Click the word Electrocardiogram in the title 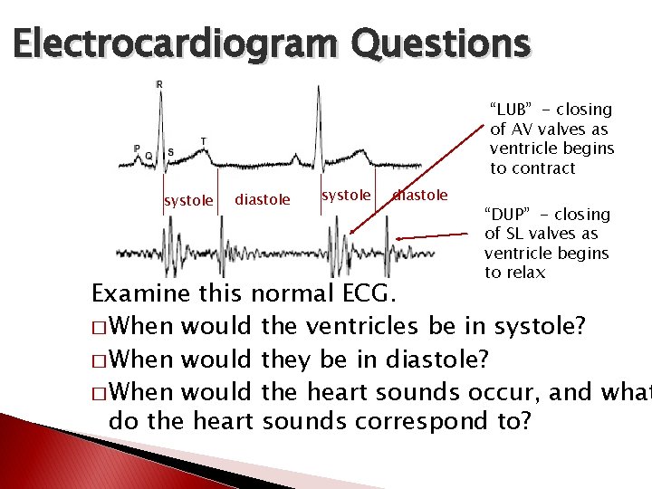[172, 43]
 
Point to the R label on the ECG [160, 84]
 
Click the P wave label [137, 149]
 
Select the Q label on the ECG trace [149, 156]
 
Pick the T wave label [203, 141]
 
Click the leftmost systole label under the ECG [188, 200]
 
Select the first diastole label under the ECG [263, 199]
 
